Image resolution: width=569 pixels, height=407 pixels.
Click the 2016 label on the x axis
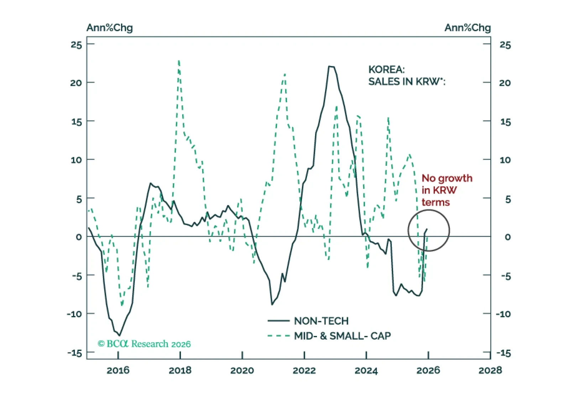pos(118,370)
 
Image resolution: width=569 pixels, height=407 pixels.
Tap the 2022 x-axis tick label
pos(304,370)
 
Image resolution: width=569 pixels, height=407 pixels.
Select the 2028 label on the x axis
pos(490,370)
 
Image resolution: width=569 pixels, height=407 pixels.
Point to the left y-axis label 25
pos(76,45)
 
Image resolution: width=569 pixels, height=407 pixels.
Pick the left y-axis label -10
pos(74,314)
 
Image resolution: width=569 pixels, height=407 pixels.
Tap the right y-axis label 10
pos(505,160)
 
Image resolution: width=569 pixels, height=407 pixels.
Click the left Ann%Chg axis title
pos(110,28)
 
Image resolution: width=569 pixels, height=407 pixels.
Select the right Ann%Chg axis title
pos(468,28)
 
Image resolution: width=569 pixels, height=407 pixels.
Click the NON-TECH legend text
pos(321,321)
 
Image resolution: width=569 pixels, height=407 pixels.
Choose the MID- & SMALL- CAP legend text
pos(342,336)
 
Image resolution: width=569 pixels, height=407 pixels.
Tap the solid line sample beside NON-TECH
pos(278,321)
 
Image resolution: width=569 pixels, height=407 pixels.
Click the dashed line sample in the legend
pos(278,336)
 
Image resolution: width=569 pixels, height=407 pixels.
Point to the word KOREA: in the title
pos(386,69)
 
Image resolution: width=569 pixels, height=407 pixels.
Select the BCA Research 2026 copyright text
pos(144,344)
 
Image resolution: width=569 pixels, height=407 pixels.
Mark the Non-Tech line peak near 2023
pos(331,67)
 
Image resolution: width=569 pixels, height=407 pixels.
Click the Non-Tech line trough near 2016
pos(119,335)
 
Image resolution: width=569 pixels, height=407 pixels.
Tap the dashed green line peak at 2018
pos(179,61)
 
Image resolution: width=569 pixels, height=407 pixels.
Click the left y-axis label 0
pos(79,237)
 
